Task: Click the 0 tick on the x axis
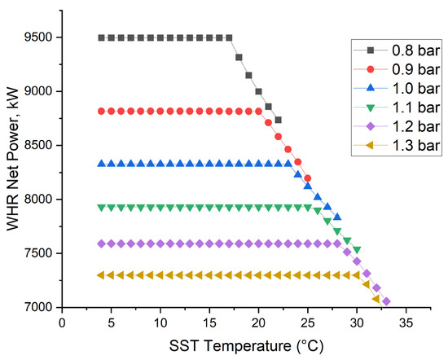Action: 62,321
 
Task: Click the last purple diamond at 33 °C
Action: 386,301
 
